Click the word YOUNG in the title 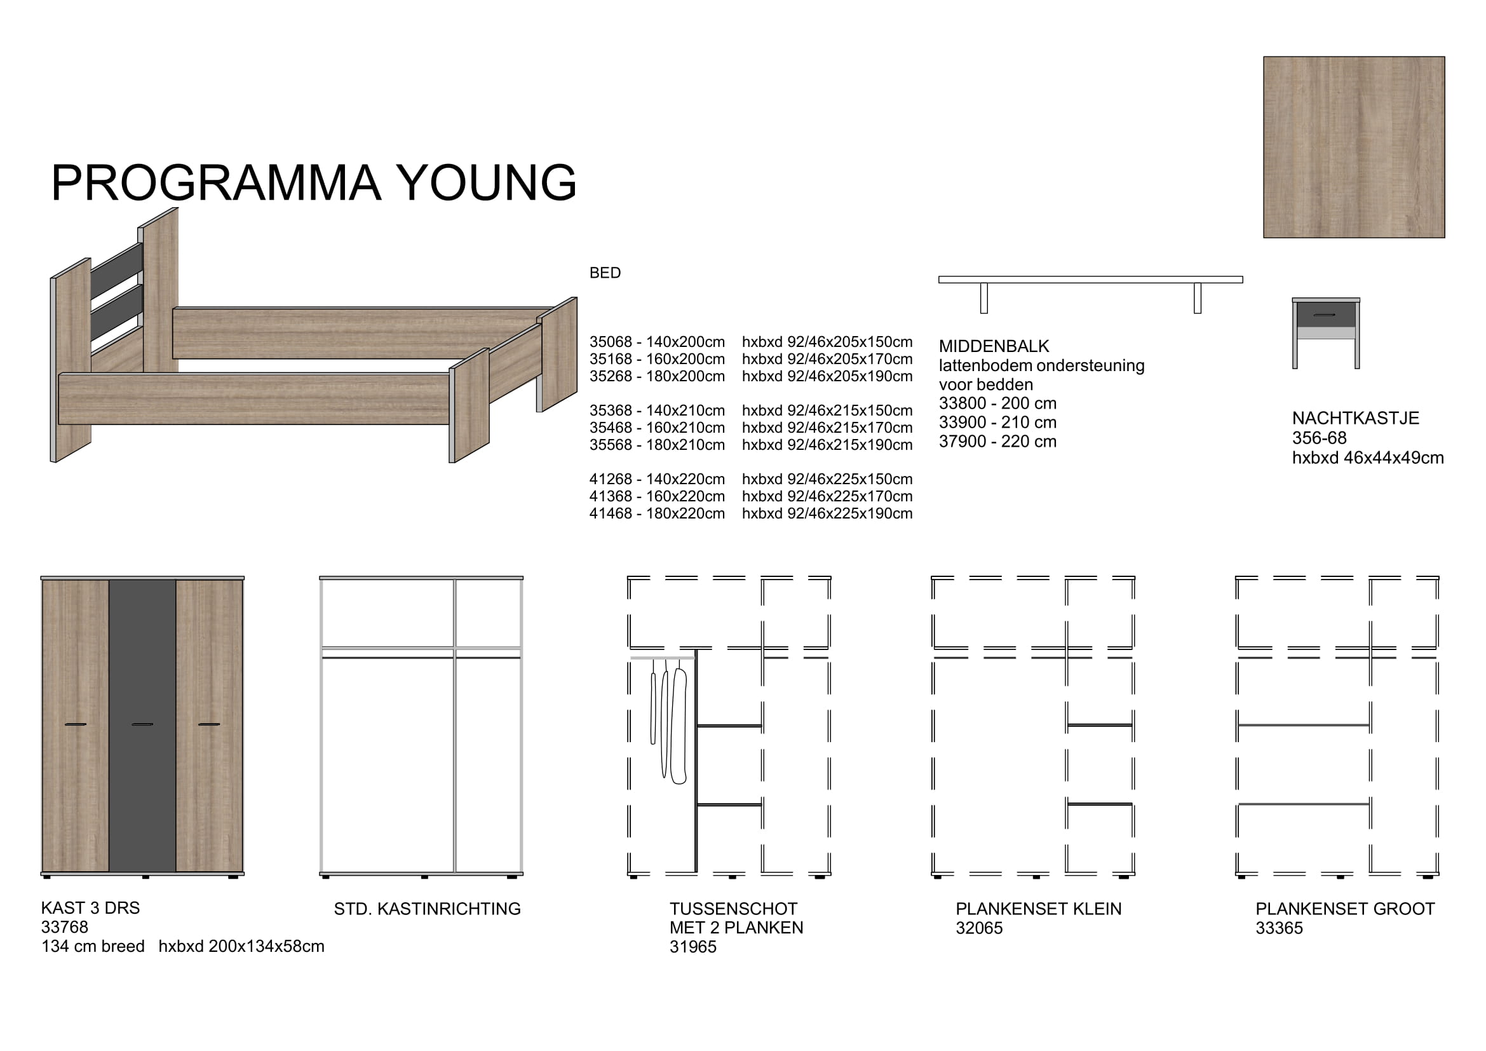pos(485,182)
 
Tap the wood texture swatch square pos(1353,147)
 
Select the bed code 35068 pos(611,342)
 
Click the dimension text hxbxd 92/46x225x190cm pos(827,513)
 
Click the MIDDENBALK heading pos(994,346)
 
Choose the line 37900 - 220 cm pos(997,442)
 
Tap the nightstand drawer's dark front pos(1325,315)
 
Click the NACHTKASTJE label pos(1355,418)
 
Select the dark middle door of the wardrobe pos(142,726)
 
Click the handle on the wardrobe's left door pos(76,724)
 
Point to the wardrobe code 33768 pos(65,926)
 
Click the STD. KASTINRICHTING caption pos(427,909)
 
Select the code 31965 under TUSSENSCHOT pos(693,947)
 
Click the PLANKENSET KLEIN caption pos(1039,909)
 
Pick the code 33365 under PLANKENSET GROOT pos(1280,928)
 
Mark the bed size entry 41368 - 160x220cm pos(657,496)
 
